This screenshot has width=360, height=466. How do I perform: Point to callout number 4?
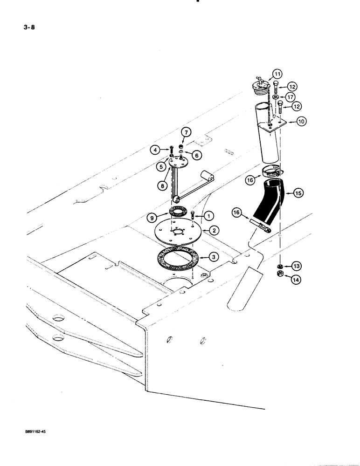click(x=154, y=150)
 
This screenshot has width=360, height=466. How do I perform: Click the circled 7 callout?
click(x=186, y=133)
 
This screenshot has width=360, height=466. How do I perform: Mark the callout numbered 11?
click(x=277, y=74)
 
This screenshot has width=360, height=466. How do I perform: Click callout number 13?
click(x=297, y=266)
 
